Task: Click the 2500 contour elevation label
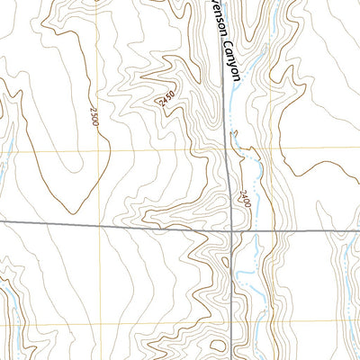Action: (x=94, y=116)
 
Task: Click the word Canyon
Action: (x=234, y=65)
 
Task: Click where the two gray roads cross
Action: (x=233, y=230)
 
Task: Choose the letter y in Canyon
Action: (x=236, y=70)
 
